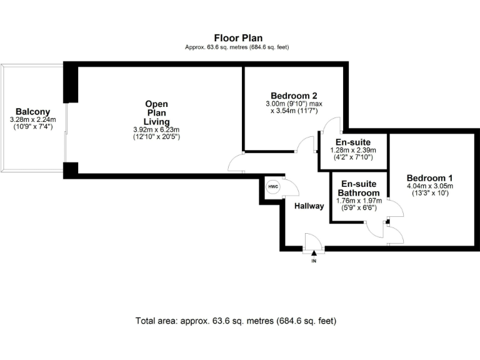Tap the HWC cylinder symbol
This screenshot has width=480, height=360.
[273, 187]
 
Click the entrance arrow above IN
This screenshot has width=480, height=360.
[314, 252]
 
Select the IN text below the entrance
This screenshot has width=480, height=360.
[314, 261]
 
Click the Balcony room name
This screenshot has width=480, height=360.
[32, 111]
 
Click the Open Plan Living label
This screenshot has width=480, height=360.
[156, 112]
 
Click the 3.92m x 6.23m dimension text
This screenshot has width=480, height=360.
[156, 129]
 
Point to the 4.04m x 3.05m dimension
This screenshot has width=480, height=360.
[429, 186]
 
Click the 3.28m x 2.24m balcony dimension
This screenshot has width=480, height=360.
[32, 119]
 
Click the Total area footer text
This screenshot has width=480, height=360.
[236, 321]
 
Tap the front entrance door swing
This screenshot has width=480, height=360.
[311, 241]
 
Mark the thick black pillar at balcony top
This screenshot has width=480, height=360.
[71, 84]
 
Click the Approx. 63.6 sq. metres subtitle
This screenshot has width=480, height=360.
[237, 47]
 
